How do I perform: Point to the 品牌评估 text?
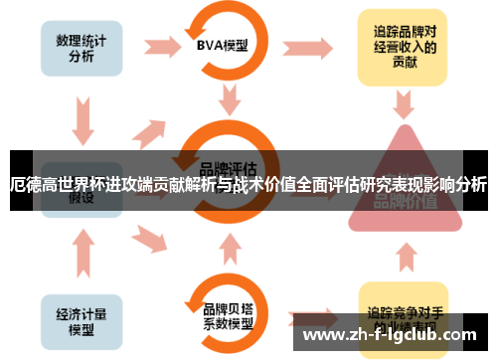230,165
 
